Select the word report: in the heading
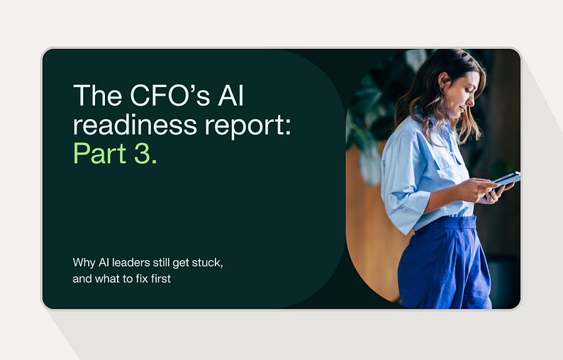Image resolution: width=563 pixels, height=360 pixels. coord(248,126)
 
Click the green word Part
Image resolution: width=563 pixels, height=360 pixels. coord(100,153)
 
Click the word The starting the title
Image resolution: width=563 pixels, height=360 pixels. coord(97,95)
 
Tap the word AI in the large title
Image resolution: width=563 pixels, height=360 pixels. coord(231,95)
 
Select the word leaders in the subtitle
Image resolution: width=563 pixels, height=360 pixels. coord(130,262)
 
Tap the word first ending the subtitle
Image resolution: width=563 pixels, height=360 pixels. coord(161,279)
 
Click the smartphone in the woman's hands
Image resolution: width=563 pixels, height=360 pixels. coord(506,180)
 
